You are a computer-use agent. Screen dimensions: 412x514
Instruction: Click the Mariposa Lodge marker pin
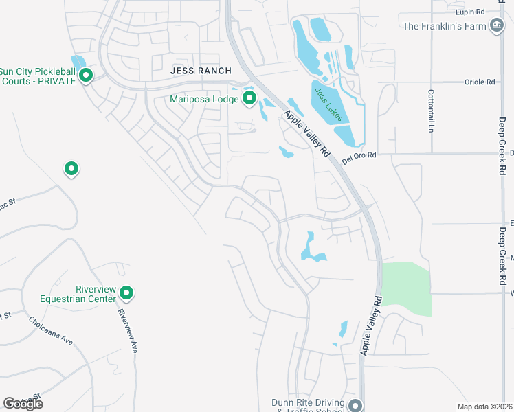pos(249,99)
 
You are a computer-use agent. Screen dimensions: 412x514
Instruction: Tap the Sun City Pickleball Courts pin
pos(86,75)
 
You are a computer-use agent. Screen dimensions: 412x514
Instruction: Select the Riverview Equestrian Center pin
pos(126,293)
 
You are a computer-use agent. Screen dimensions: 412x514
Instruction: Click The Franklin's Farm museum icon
pos(497,26)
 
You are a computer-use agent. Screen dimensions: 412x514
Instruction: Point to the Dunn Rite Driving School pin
pos(355,406)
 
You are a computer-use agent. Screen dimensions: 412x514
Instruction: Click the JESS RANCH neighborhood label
pos(201,71)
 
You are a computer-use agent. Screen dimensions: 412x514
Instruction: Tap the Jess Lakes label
pos(328,104)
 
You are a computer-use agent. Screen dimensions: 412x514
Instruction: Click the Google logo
pos(23,404)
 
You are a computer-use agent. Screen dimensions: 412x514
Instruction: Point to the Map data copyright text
pos(484,407)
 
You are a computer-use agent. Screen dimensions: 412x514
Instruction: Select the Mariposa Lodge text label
pos(205,99)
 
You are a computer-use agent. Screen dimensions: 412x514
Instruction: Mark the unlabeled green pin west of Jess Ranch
pos(70,168)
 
